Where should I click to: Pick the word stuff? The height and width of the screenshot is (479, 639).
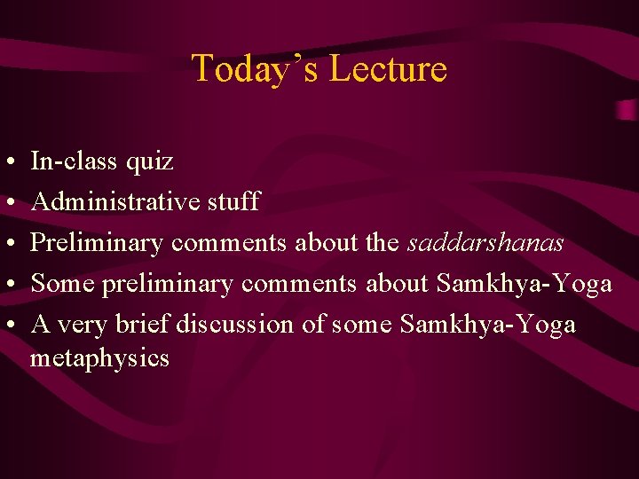tap(233, 202)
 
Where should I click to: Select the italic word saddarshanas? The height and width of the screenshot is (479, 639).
tap(485, 243)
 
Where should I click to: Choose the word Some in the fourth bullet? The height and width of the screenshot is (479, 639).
tap(63, 284)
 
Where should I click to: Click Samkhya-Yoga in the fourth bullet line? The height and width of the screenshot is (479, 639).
tap(524, 284)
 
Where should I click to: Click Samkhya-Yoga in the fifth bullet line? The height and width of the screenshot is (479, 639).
tap(487, 325)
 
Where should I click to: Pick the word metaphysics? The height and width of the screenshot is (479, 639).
tap(99, 359)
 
